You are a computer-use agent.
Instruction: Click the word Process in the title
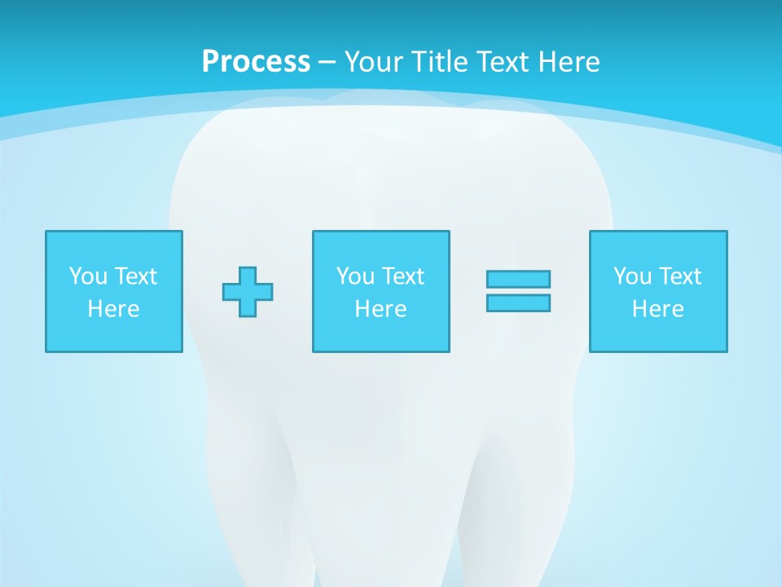[256, 62]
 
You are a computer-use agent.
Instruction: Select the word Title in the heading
[440, 62]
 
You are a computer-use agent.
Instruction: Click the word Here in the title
[570, 62]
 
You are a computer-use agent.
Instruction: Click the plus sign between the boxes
[248, 292]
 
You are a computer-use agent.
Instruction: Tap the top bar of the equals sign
[518, 279]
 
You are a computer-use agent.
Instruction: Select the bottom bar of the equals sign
[518, 302]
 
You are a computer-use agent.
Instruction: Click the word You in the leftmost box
[87, 276]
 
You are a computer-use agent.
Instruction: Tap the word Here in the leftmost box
[113, 309]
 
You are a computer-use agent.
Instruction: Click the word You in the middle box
[354, 276]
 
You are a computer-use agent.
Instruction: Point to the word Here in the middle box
[380, 309]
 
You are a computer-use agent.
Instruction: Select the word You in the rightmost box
[631, 276]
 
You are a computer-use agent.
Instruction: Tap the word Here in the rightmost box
[657, 309]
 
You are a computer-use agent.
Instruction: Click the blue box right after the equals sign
[658, 334]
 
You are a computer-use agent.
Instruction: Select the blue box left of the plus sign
[114, 334]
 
